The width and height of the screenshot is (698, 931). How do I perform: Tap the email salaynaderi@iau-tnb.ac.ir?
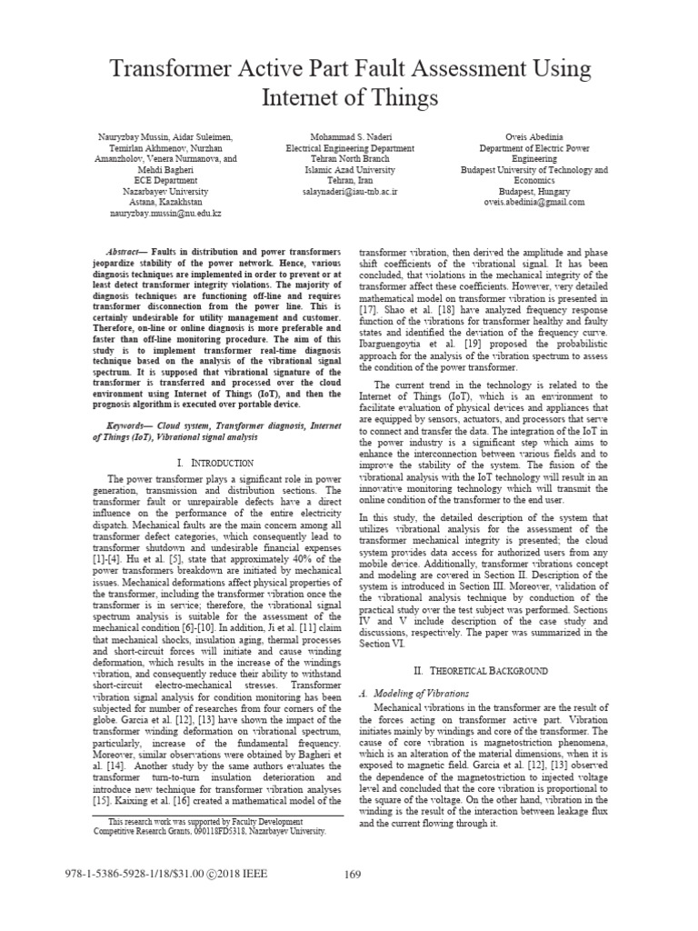[x=350, y=193]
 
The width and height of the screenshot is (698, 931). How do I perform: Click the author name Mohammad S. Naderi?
[x=350, y=136]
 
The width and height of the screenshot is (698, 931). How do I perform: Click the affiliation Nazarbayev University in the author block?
[x=165, y=192]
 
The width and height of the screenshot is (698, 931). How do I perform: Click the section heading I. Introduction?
[x=218, y=464]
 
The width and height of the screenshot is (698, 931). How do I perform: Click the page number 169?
[x=354, y=875]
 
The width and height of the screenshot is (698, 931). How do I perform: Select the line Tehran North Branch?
[x=350, y=158]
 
